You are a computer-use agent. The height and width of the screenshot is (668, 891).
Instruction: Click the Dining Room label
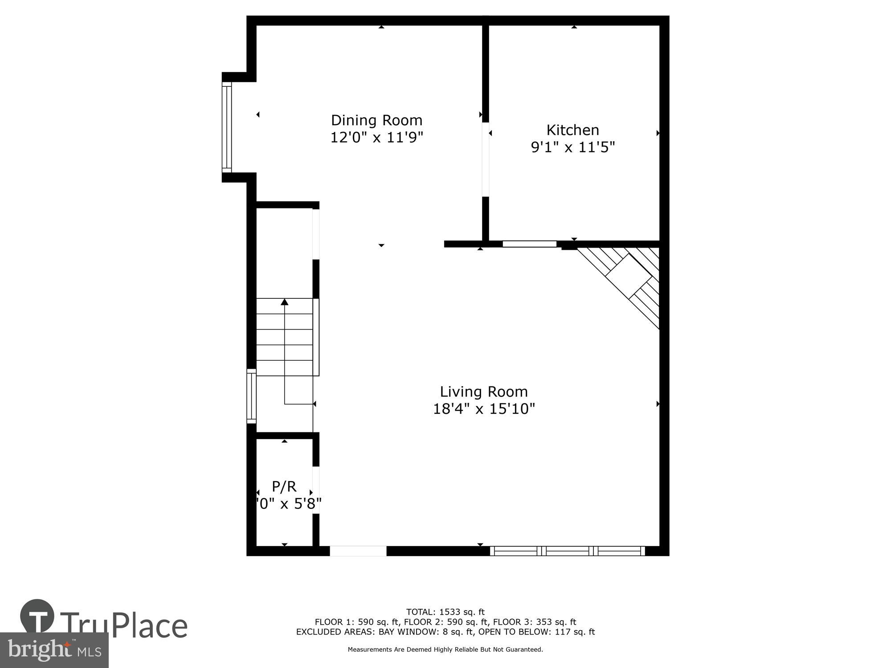[376, 120]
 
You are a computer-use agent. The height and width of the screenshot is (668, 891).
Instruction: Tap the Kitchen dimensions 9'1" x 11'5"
[572, 147]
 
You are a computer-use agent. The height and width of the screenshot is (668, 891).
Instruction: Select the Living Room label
[484, 391]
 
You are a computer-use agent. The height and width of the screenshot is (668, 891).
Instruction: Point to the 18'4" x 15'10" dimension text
[484, 408]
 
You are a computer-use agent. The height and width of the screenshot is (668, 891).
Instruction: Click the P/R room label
[284, 486]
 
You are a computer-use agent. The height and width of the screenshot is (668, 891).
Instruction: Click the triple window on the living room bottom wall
[567, 551]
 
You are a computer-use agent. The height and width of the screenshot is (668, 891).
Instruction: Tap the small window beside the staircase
[252, 395]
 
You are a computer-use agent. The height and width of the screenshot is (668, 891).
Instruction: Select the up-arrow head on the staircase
[285, 302]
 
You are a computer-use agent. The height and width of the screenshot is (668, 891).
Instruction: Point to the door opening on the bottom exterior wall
[358, 551]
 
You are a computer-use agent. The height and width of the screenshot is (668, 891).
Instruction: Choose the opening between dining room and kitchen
[486, 159]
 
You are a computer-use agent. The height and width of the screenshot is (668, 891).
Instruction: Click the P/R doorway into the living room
[316, 490]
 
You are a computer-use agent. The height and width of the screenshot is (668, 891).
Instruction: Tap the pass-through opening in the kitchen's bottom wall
[529, 244]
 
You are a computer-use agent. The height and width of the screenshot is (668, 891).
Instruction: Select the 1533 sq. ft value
[462, 612]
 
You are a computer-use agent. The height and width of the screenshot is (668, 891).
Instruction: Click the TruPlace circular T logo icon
[37, 616]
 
